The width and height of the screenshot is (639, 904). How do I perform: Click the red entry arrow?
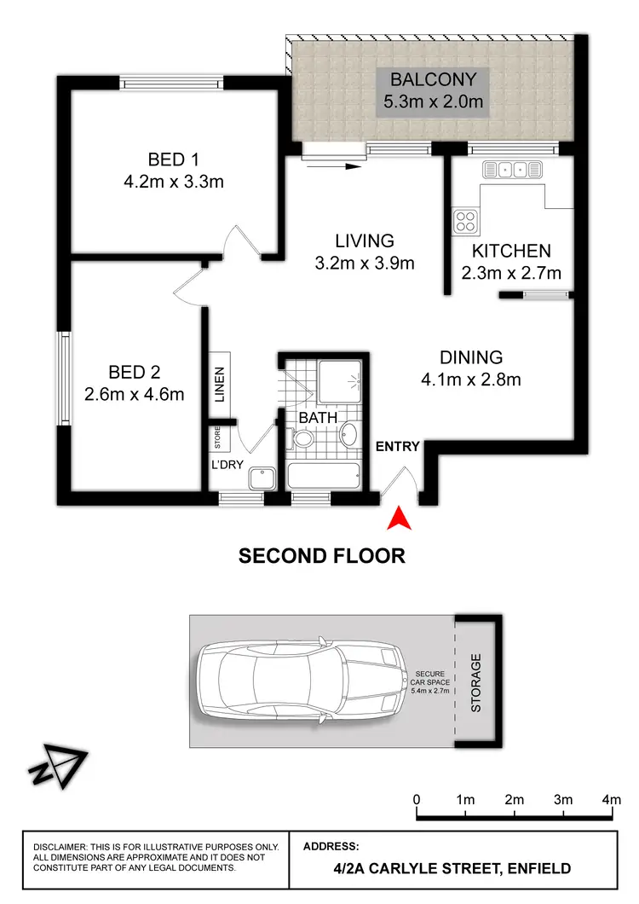tap(398, 519)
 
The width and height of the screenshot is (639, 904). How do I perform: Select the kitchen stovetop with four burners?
tap(465, 221)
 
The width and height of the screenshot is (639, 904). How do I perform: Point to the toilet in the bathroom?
tap(303, 439)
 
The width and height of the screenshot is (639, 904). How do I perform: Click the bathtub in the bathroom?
tap(325, 475)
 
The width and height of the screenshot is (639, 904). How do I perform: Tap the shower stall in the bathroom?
tap(339, 380)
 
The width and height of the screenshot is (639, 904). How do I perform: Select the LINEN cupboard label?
tap(220, 384)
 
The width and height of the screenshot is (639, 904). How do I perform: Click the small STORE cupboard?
tap(217, 437)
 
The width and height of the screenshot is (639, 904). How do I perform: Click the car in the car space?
tap(301, 679)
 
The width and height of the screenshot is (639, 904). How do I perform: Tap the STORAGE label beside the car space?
tap(476, 682)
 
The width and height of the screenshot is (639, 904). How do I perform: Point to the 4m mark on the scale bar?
tap(611, 800)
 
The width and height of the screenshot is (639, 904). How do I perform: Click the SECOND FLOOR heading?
tap(321, 556)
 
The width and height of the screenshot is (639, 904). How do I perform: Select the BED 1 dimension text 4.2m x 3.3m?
tap(173, 181)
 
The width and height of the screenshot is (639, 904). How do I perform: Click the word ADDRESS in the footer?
tap(331, 847)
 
